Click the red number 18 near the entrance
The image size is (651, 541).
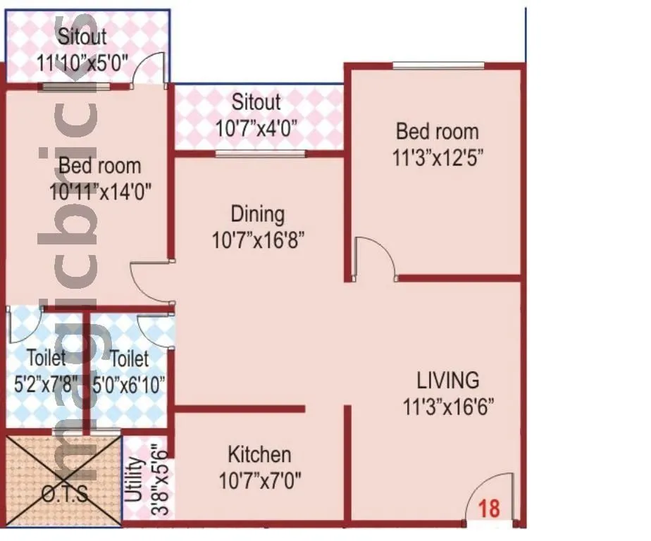pyautogui.click(x=490, y=508)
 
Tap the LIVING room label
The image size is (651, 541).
pyautogui.click(x=448, y=380)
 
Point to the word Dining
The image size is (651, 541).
pyautogui.click(x=257, y=213)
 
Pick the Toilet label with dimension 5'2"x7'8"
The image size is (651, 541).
pyautogui.click(x=46, y=359)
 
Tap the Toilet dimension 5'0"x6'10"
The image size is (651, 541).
pyautogui.click(x=130, y=384)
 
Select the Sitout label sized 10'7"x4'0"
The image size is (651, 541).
pyautogui.click(x=256, y=102)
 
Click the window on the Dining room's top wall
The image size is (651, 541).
pyautogui.click(x=260, y=153)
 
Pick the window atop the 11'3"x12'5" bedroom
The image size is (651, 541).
pyautogui.click(x=438, y=66)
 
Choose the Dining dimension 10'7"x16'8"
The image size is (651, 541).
pyautogui.click(x=257, y=240)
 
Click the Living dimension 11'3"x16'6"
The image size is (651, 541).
pyautogui.click(x=448, y=406)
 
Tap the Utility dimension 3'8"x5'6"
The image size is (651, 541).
pyautogui.click(x=159, y=480)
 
